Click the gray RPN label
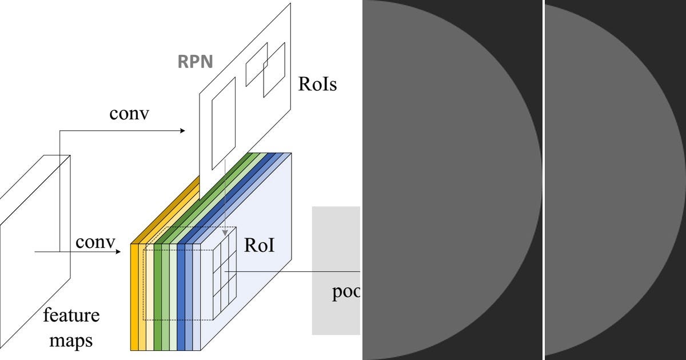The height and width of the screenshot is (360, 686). pos(194,61)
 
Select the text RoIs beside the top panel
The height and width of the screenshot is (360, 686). pos(317,85)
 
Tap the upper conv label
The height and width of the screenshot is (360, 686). pos(129,113)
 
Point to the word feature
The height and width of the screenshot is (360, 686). pos(71,315)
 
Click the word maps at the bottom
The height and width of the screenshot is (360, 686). pos(71,341)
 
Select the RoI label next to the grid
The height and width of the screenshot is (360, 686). pos(259,245)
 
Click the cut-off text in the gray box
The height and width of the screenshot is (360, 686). pos(346,292)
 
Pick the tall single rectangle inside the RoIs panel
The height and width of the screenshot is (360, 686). pos(224,123)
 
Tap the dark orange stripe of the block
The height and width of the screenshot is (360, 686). pos(135,297)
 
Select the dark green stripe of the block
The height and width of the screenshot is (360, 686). pos(158,297)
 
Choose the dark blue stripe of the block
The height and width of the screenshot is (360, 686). pos(181,297)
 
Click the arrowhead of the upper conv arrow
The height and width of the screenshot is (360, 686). pos(182,131)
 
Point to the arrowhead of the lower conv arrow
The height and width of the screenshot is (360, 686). pos(119,251)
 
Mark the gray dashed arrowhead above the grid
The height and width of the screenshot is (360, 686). pos(225,233)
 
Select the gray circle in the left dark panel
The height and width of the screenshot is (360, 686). pos(446,180)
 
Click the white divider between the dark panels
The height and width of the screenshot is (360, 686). pos(543,180)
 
